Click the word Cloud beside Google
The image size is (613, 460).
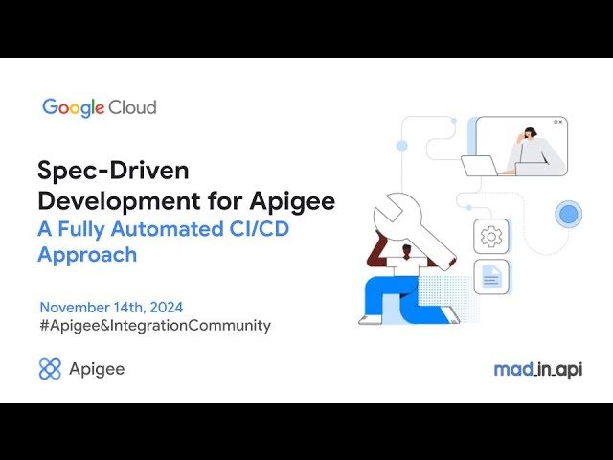pos(133,107)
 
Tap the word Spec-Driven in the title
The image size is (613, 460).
pos(114,172)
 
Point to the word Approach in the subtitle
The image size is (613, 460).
pos(87,255)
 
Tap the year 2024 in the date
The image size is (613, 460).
pos(162,308)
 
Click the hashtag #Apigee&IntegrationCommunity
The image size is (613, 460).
pos(155,326)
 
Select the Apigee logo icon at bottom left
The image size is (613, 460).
pos(50,369)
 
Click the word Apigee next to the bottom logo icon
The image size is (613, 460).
pos(97,369)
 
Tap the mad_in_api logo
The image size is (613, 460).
pos(537,369)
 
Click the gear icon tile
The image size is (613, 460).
pos(491,236)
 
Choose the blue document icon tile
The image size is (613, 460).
pos(491,277)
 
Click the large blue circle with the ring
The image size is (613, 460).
pos(570,214)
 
